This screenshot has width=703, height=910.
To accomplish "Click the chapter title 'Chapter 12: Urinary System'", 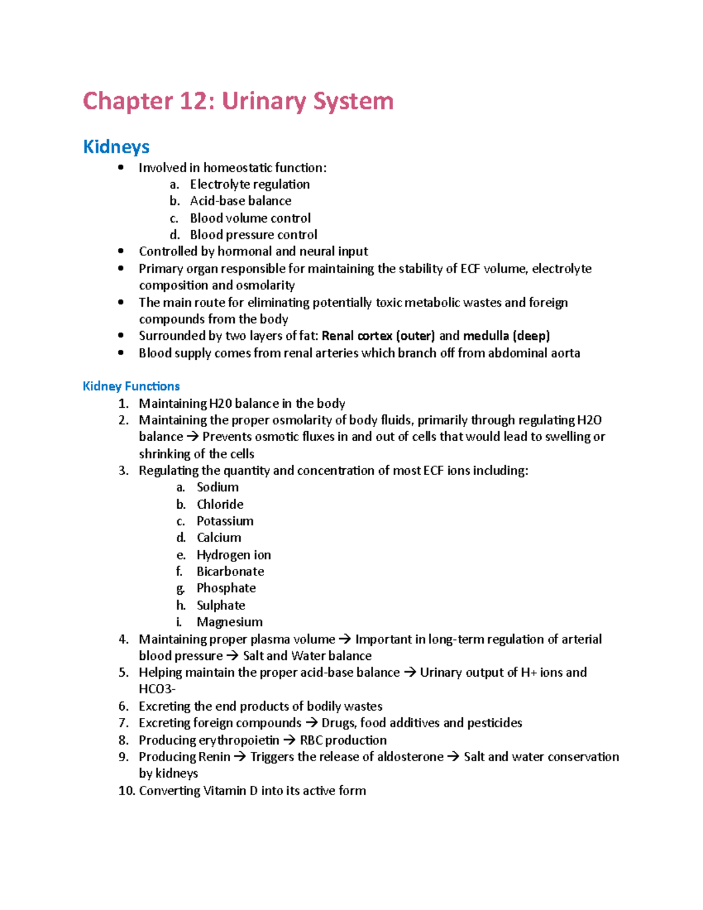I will click(x=238, y=101).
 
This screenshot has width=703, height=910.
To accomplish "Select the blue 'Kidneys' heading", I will click(x=116, y=146).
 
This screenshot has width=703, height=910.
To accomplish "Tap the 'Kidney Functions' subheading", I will click(x=131, y=386).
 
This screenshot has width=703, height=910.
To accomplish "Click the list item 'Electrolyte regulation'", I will click(x=250, y=185).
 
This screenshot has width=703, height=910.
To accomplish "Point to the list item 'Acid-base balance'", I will click(x=240, y=201).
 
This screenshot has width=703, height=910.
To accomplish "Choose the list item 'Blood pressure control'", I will click(x=253, y=235).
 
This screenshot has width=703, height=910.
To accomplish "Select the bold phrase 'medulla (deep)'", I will click(x=506, y=336).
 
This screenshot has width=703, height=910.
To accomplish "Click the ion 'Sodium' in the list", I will click(x=217, y=487).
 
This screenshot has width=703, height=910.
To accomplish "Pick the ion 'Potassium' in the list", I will click(x=225, y=521).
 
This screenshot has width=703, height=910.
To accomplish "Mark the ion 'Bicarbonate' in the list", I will click(x=230, y=571).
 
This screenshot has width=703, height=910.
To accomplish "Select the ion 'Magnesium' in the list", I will click(x=230, y=622).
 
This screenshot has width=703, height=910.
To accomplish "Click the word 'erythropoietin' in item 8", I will click(x=239, y=740).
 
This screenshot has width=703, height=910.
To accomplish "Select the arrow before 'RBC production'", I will click(x=289, y=740).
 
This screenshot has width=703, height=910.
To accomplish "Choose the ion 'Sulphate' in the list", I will click(x=221, y=605).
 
